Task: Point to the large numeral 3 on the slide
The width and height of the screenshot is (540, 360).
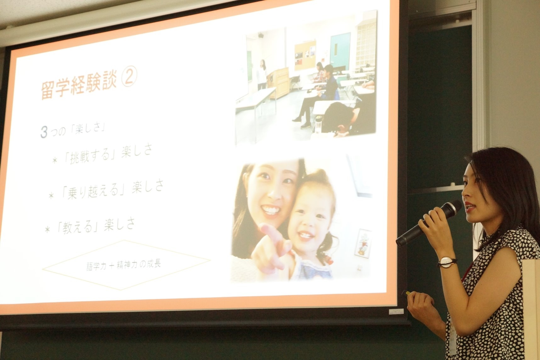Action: coord(44,132)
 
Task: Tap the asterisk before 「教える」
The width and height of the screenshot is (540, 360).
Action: coord(48,229)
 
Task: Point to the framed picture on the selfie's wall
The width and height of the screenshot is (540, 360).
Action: coord(363,242)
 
